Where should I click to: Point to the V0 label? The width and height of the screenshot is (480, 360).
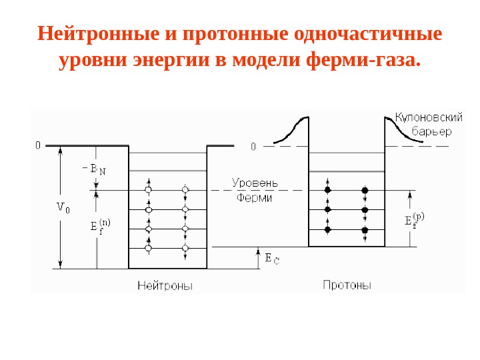(63, 207)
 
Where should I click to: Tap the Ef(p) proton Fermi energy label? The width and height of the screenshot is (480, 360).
(414, 221)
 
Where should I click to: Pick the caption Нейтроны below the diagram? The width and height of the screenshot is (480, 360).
(165, 285)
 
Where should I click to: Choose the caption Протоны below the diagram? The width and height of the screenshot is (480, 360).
(347, 285)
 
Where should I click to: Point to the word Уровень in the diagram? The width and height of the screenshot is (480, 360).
(255, 182)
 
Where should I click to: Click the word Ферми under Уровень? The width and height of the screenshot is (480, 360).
(255, 197)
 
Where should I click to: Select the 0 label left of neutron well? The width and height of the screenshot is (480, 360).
(38, 145)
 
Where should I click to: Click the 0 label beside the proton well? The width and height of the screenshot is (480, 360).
(253, 146)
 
